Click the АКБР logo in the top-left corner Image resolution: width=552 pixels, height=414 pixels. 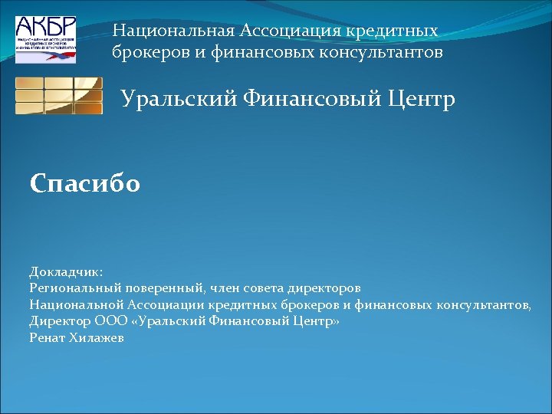(x=46, y=39)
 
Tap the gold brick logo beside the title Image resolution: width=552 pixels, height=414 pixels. (x=59, y=96)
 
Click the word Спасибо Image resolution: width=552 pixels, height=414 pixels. (x=85, y=184)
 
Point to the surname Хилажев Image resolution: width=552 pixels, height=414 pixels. (x=98, y=337)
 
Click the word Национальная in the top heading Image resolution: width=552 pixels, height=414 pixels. (x=173, y=31)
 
